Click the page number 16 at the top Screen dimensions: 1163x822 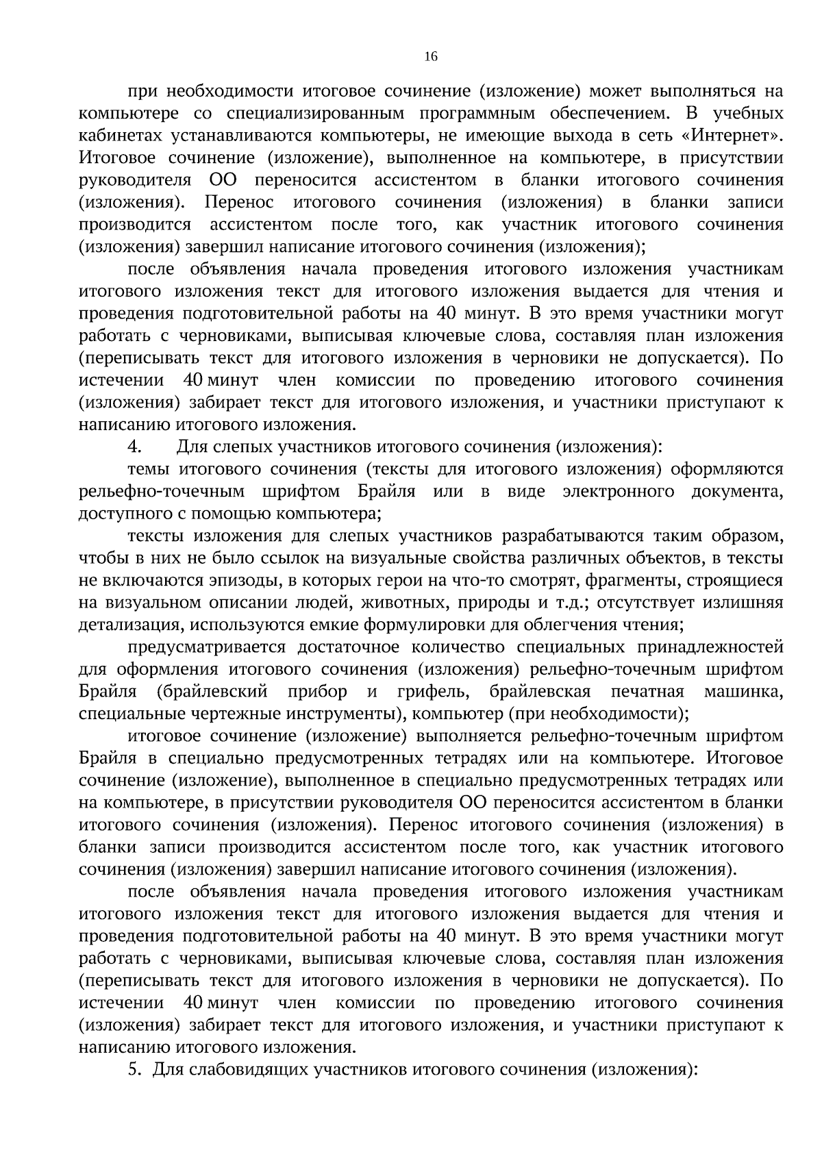[x=430, y=57]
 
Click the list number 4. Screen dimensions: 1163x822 [x=134, y=447]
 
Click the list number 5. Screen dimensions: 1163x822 [x=134, y=1069]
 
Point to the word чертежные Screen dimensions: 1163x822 [x=239, y=714]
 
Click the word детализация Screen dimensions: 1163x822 [x=130, y=625]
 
